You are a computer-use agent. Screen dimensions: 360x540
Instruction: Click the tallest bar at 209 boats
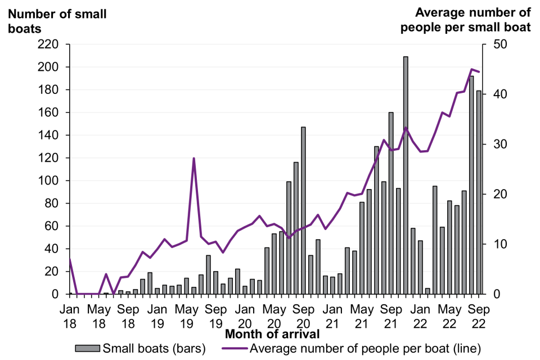pos(406,175)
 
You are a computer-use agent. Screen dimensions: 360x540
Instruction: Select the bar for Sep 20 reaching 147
pos(303,211)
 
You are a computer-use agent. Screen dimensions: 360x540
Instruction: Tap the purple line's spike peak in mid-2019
pos(193,159)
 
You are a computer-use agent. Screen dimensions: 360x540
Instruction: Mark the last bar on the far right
pos(479,192)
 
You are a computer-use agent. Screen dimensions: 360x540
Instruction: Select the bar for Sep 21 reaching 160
pos(391,203)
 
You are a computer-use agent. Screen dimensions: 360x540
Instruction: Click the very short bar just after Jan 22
pos(427,291)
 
